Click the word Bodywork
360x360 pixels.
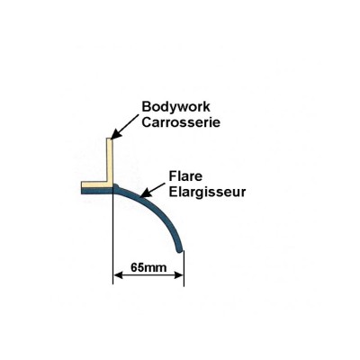coord(175,107)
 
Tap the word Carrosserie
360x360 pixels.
coord(181,122)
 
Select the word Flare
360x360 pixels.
coord(185,176)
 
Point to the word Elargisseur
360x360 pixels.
coord(207,192)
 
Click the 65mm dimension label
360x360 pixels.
coord(148,267)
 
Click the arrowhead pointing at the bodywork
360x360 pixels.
coord(115,135)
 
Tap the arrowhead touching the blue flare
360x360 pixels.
coord(145,193)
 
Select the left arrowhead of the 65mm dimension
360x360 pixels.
coord(118,275)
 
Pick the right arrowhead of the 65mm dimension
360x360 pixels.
coord(179,275)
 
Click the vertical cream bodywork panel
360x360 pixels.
coord(110,162)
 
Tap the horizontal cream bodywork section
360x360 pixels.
coord(96,184)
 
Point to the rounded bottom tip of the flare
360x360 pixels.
coord(179,249)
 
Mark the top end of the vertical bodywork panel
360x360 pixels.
coord(110,139)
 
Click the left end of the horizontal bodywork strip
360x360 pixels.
coord(82,188)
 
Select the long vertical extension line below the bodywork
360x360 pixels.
coord(112,236)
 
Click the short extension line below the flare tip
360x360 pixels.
coord(184,267)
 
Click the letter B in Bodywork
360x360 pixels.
coord(146,106)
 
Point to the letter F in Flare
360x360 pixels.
coord(173,176)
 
